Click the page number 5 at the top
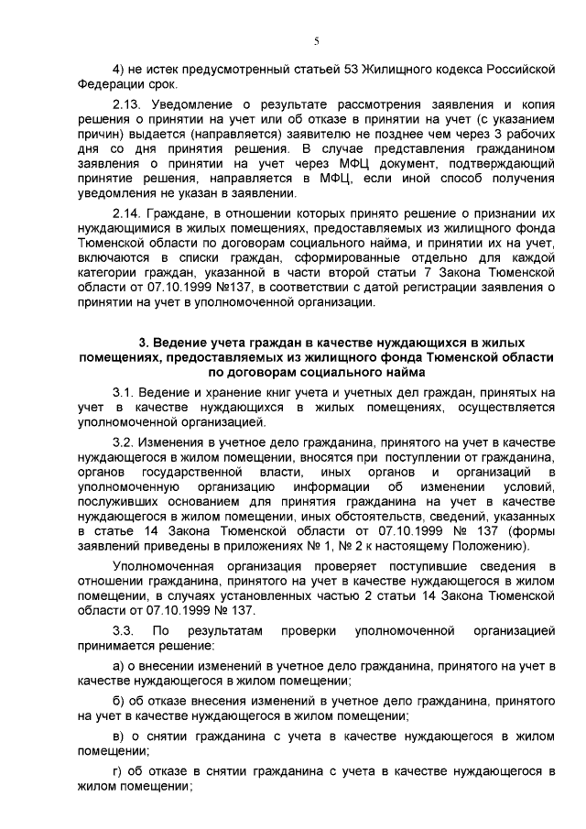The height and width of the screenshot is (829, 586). (x=316, y=40)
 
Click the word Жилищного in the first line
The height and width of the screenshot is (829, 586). (x=370, y=70)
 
